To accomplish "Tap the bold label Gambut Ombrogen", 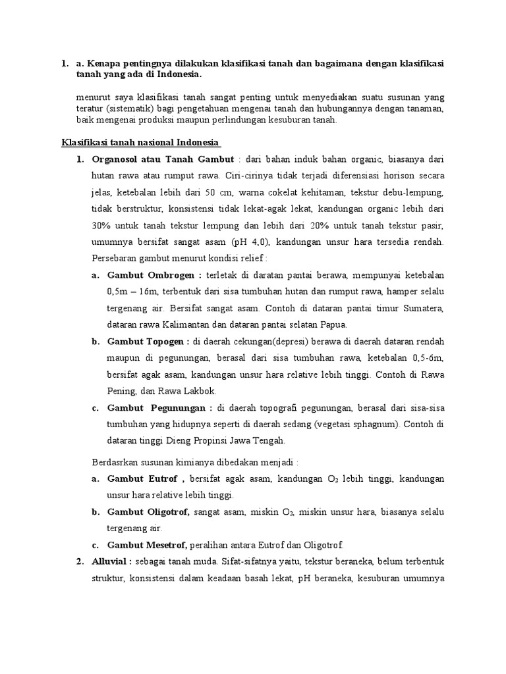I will pos(147,274).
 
